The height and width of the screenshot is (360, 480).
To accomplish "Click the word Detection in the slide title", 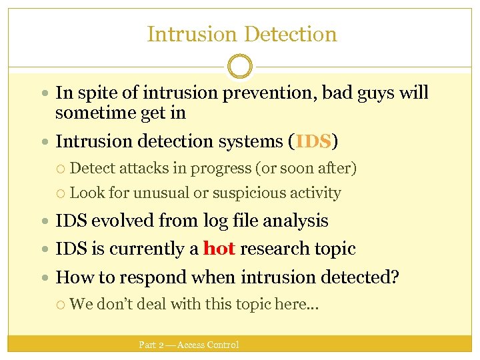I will tap(290, 34).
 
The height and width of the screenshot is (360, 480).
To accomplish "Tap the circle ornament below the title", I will tap(240, 67).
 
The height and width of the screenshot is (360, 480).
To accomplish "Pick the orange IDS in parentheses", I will tap(313, 141).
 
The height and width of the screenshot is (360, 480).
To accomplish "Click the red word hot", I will tap(219, 249).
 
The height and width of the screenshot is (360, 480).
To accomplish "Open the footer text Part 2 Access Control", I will tap(188, 345).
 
